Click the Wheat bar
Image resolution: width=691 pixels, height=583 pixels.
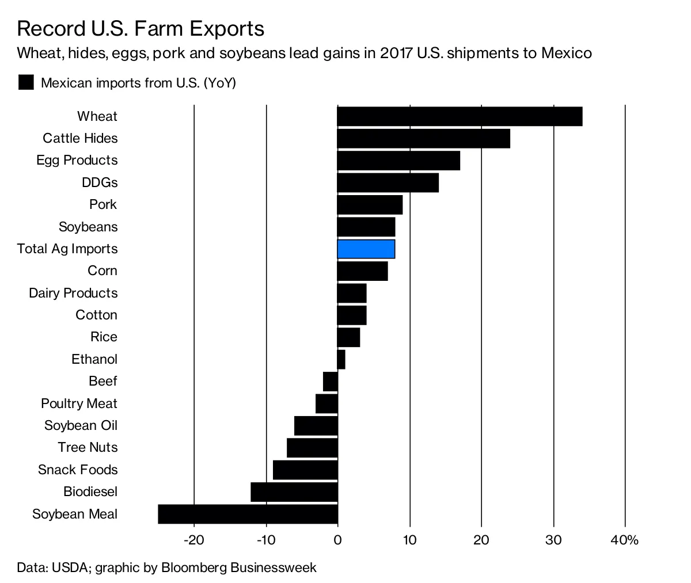pos(460,116)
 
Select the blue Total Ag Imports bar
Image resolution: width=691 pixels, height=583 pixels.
pos(366,249)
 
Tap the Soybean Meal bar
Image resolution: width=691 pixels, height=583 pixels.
pos(248,514)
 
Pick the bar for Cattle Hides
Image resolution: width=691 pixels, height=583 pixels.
pos(423,138)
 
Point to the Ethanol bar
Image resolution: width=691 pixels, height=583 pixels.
pos(341,359)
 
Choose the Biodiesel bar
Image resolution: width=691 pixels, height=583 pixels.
pos(294,492)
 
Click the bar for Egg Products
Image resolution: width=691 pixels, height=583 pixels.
pos(398,161)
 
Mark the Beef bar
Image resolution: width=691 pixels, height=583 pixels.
pos(331,381)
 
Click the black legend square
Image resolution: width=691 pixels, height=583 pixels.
pos(26,83)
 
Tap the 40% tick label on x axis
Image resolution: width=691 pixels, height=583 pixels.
pos(625,540)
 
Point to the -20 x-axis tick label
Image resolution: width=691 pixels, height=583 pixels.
pos(194,540)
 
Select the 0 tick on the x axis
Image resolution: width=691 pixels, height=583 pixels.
pos(338,540)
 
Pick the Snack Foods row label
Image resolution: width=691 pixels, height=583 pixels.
pos(78,470)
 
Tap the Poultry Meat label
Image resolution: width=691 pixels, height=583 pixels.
pos(79,403)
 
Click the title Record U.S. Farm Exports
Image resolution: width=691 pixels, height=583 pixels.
pos(141,29)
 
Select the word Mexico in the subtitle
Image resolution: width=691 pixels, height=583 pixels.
pos(567,54)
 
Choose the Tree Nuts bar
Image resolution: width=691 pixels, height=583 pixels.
pos(312,448)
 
